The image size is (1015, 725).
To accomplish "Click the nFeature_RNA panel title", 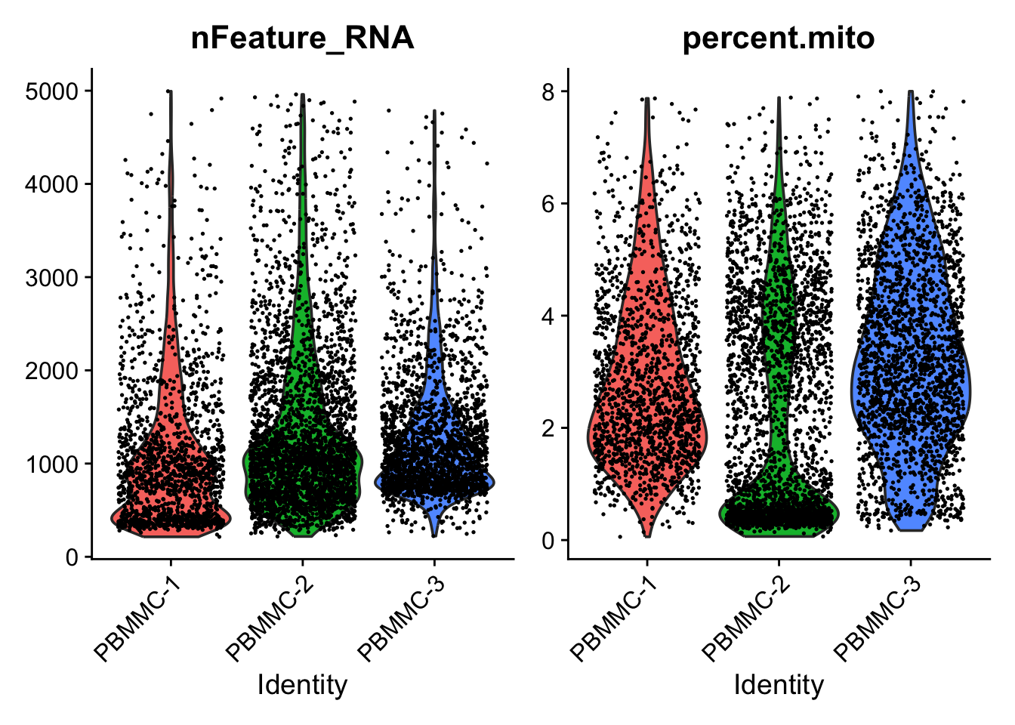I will (302, 38).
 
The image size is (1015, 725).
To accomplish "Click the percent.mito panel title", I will (779, 38).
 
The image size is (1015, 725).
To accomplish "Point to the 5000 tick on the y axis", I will (51, 91).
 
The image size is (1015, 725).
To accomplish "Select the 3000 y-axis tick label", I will (51, 278).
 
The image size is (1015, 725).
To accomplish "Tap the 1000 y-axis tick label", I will (51, 464).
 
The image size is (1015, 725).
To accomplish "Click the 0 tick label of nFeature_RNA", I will (72, 557).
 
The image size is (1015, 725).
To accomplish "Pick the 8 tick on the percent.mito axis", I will (548, 91).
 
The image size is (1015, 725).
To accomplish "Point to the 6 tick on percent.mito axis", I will (548, 204).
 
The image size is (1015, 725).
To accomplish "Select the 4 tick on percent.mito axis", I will (548, 316).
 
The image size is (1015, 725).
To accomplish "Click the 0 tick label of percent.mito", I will (548, 541).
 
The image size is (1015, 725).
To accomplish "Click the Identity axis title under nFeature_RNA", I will (302, 685).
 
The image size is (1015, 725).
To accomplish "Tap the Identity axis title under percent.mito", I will (779, 685).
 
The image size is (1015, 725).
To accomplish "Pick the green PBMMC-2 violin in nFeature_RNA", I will (303, 476).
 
